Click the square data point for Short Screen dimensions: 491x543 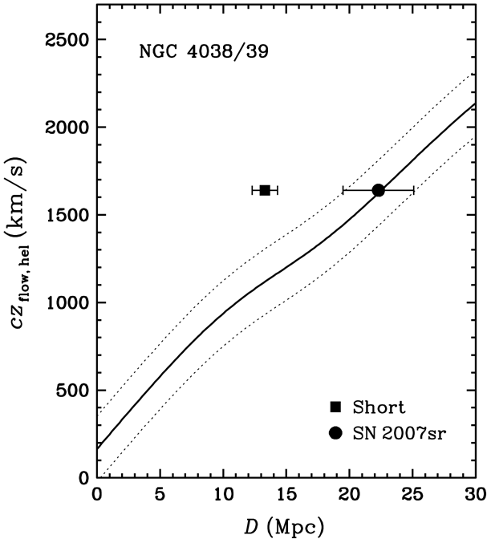click(x=265, y=190)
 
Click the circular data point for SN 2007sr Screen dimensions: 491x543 click(x=379, y=190)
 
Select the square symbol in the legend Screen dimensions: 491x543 click(x=335, y=407)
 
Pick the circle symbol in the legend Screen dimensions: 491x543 click(x=335, y=433)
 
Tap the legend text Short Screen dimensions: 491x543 click(x=379, y=407)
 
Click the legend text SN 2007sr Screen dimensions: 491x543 click(x=399, y=433)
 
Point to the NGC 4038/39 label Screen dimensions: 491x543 click(x=204, y=52)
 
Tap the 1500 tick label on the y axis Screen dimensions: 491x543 click(x=67, y=215)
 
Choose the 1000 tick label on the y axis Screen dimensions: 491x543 click(x=67, y=303)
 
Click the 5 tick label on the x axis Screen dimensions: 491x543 click(x=160, y=495)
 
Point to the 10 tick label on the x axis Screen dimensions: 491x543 click(x=223, y=495)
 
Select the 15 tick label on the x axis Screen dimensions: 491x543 click(x=286, y=495)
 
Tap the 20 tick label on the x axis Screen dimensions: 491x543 click(x=349, y=495)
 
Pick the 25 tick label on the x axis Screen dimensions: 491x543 click(x=412, y=495)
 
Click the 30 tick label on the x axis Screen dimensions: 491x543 click(x=476, y=495)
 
